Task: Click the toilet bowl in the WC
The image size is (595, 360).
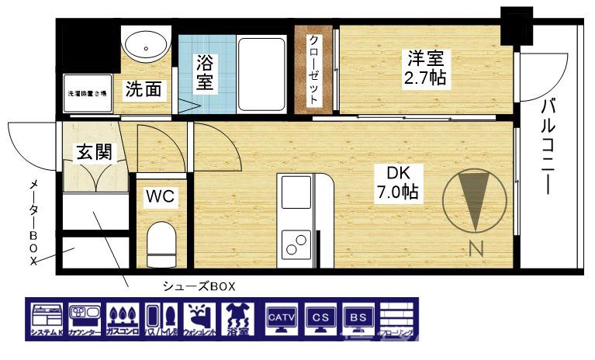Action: point(161,243)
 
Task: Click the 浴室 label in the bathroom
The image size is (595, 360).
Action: point(204,71)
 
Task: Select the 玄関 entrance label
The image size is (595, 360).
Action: point(93,152)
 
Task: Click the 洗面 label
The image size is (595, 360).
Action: point(145,89)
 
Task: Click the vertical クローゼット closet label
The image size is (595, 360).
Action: point(314,70)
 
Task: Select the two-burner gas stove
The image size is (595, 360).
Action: point(296,244)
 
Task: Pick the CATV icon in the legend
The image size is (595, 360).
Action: point(281,320)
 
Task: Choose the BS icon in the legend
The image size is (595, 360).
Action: point(358,320)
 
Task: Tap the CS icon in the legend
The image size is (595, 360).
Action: point(320,320)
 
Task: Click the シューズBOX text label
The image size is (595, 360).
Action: point(198,285)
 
